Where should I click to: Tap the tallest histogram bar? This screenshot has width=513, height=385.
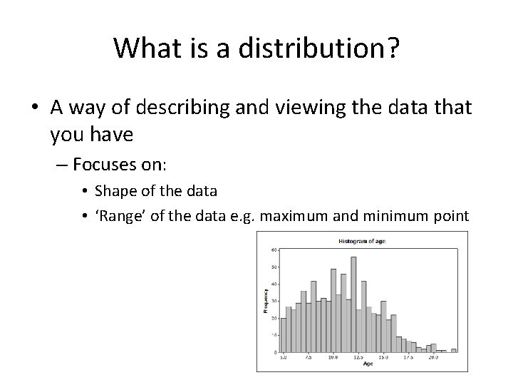click(353, 304)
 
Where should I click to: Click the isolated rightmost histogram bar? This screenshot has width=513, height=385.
click(454, 350)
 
